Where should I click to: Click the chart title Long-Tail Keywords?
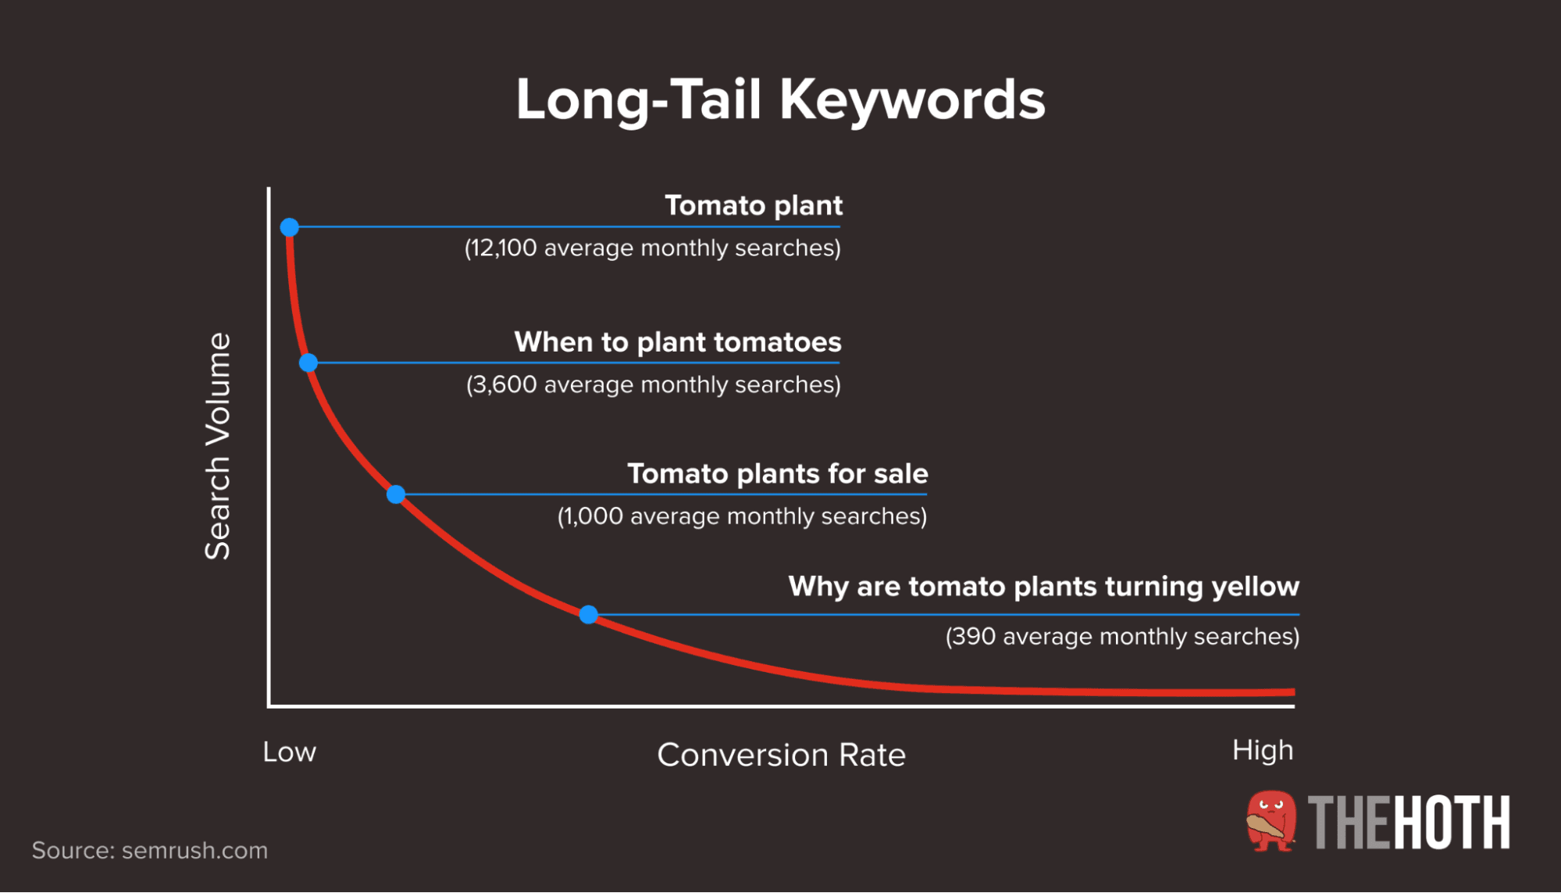780,100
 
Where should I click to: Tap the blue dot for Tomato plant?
290,227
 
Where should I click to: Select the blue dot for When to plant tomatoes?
308,363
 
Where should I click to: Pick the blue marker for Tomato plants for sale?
396,495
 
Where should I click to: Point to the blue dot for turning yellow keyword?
589,615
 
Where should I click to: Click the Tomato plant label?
753,205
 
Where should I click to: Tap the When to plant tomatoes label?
677,342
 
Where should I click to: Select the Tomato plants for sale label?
777,473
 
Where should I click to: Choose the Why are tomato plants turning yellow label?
1043,586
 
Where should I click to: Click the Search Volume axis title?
218,446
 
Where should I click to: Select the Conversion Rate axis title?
781,755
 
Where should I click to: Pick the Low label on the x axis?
289,752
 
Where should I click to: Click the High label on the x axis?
1262,750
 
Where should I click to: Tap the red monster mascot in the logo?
1271,822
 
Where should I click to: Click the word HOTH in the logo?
1452,823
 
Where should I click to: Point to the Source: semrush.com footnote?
149,850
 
